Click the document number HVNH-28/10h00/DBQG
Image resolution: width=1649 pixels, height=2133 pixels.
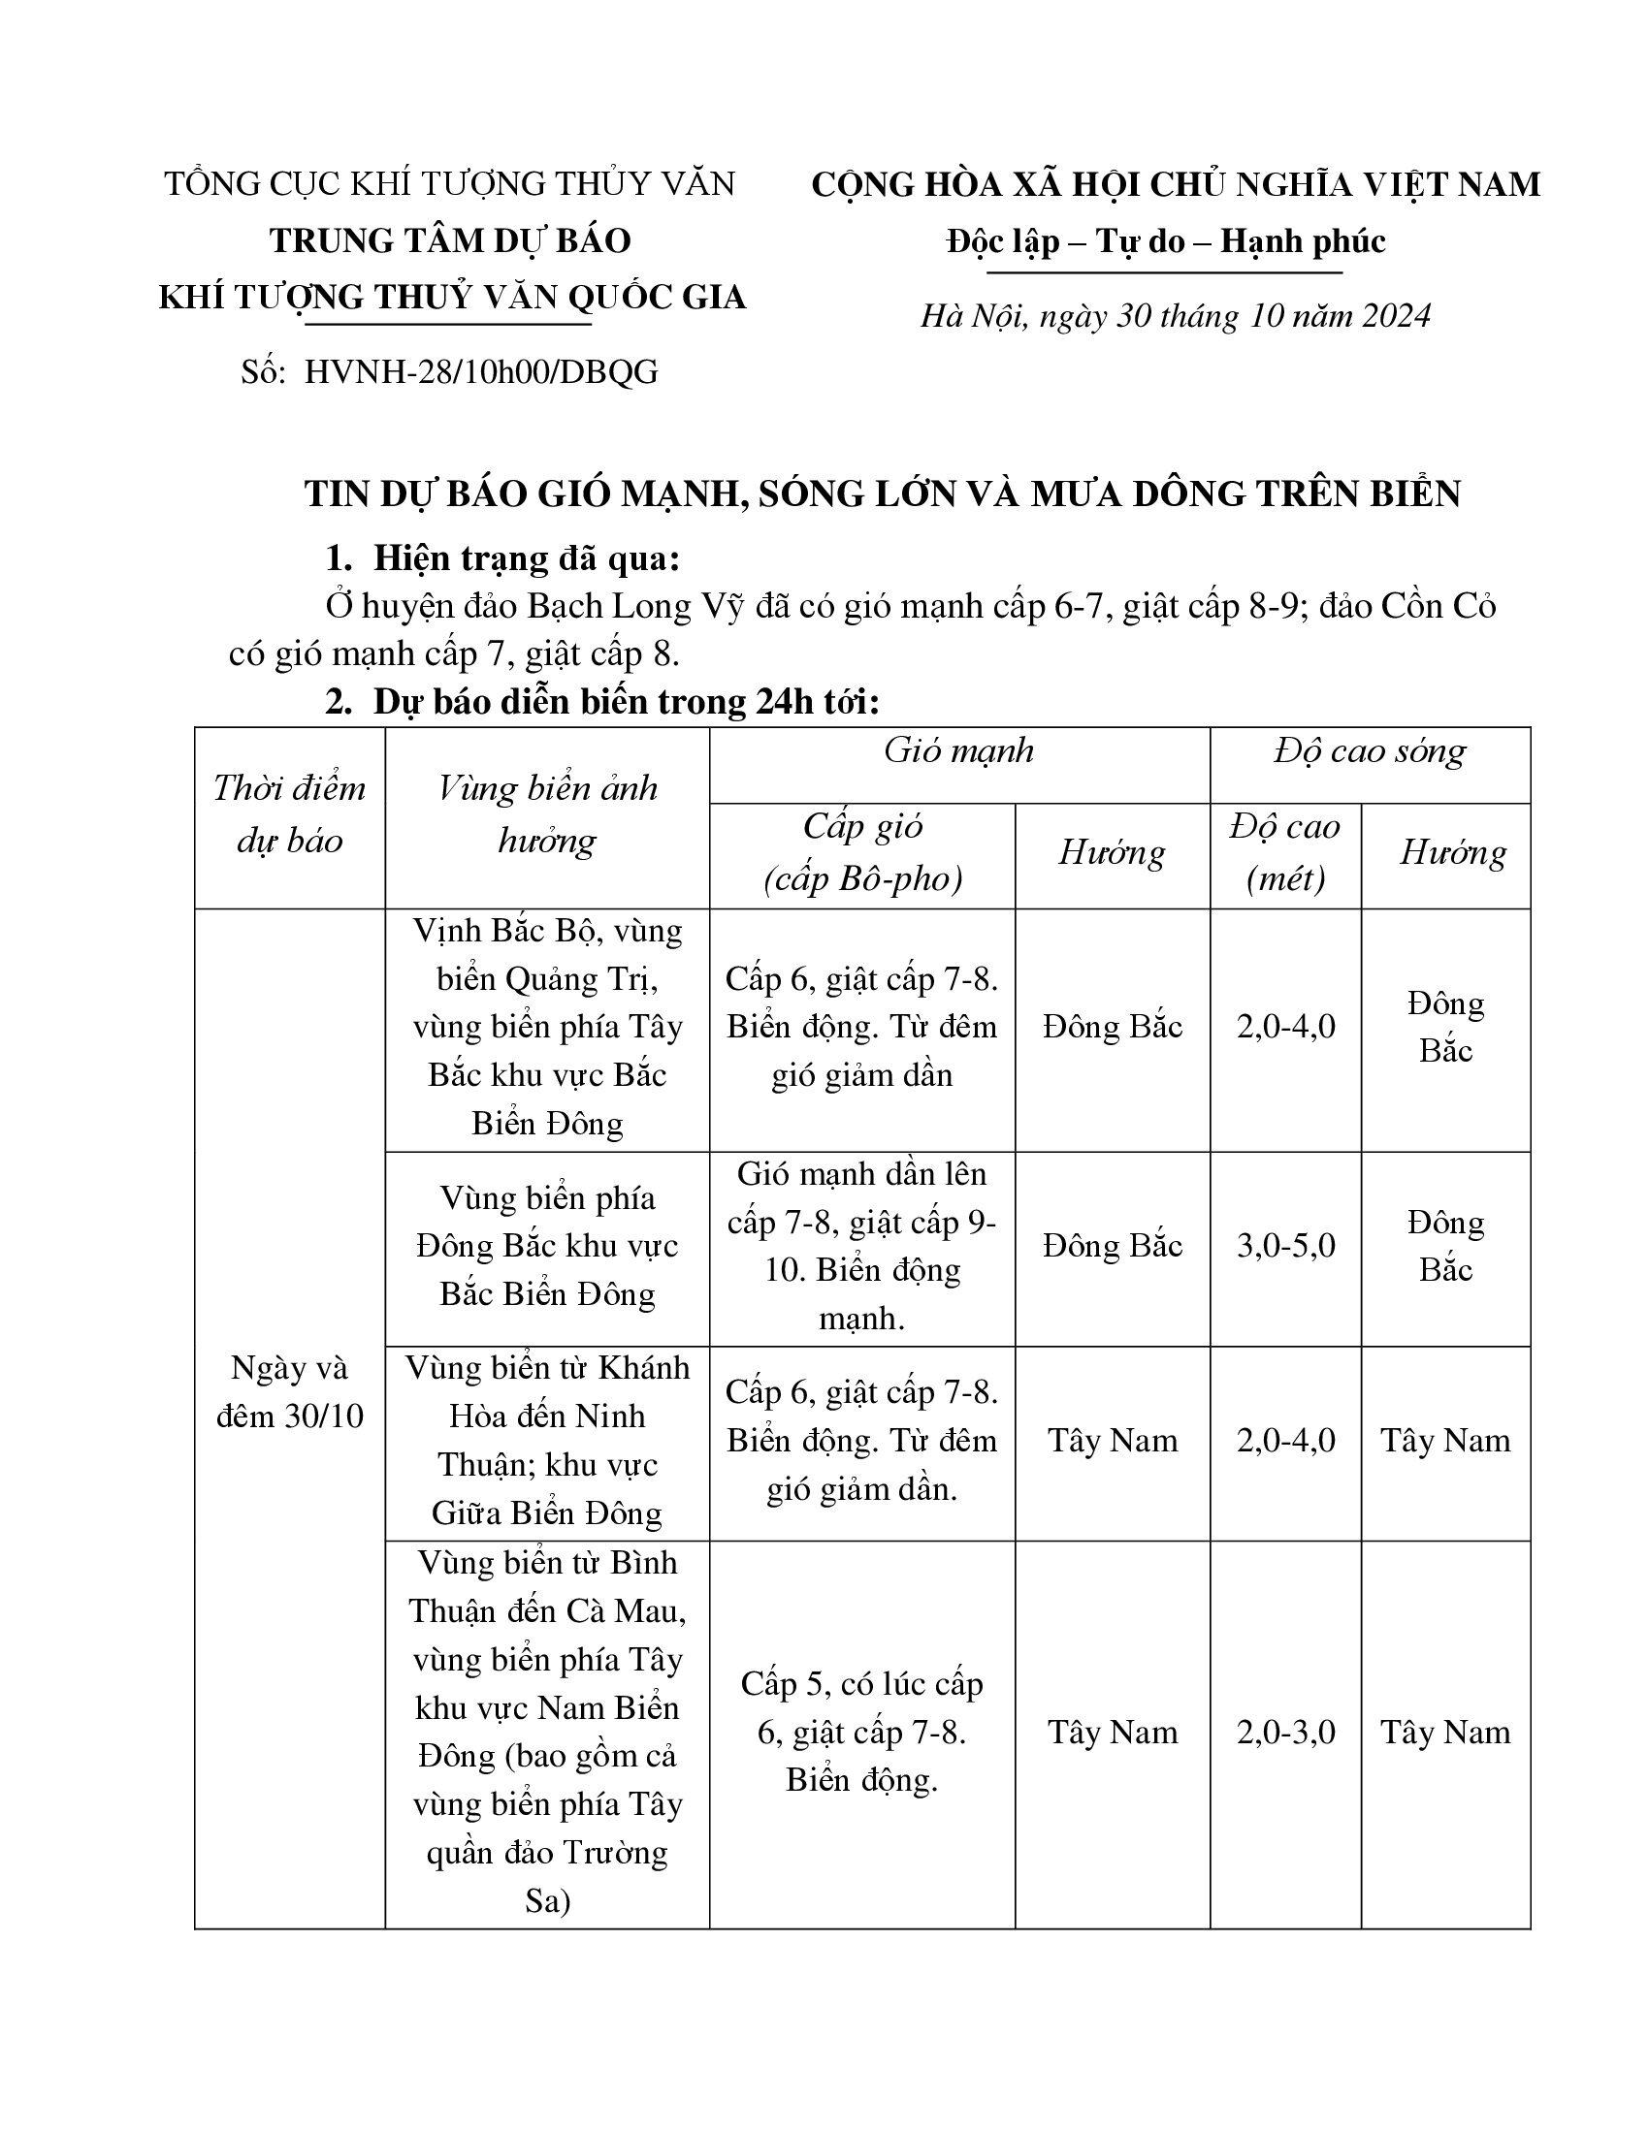tap(480, 372)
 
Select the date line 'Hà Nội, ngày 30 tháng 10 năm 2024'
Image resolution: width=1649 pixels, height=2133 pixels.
tap(1176, 315)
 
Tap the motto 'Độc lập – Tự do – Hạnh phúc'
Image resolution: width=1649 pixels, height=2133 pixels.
tap(1165, 241)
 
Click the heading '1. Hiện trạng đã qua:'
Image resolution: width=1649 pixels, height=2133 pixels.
tap(503, 558)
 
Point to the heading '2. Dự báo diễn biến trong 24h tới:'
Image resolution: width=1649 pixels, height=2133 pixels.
tap(602, 702)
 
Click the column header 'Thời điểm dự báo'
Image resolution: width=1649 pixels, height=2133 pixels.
tap(289, 814)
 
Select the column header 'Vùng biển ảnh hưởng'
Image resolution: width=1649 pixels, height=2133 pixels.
tap(547, 814)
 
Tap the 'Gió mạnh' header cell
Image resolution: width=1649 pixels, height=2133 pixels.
tap(958, 750)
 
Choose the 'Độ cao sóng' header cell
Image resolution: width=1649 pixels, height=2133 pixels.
tap(1370, 750)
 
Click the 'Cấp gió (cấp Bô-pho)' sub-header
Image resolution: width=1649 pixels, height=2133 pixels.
tap(862, 852)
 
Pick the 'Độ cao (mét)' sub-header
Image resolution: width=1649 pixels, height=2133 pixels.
tap(1285, 852)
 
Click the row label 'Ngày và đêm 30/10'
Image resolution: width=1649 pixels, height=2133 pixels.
tap(289, 1391)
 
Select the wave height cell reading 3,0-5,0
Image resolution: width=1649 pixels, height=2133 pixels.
tap(1285, 1246)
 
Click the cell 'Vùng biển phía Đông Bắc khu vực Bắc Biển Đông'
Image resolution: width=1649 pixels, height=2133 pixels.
tap(547, 1246)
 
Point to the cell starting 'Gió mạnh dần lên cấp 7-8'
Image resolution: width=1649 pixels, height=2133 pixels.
tap(862, 1246)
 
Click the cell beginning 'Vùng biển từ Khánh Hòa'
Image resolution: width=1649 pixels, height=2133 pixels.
tap(547, 1441)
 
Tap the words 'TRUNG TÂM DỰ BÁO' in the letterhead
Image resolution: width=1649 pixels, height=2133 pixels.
tap(450, 240)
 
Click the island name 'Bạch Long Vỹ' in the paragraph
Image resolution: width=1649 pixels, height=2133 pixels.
tap(636, 607)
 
